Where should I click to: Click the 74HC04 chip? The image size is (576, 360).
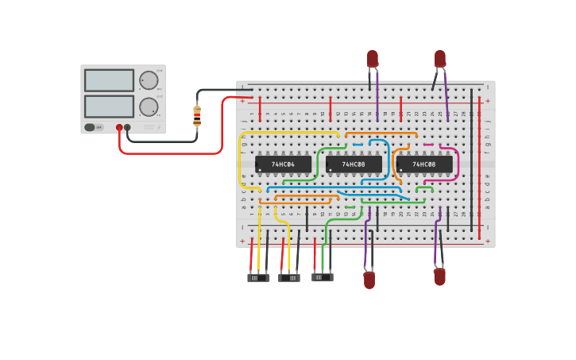tap(283, 165)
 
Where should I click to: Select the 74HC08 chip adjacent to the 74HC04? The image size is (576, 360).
tap(354, 165)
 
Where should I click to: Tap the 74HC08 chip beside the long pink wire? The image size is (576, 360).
tap(424, 165)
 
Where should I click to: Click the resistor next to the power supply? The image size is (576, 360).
tap(197, 115)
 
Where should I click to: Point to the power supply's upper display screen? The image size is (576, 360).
tap(109, 80)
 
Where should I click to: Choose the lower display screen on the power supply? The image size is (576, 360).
tap(109, 106)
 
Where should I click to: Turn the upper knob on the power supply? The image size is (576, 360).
tap(149, 80)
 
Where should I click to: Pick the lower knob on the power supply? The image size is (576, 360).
tap(149, 106)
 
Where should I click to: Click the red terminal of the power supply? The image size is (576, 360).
tap(119, 127)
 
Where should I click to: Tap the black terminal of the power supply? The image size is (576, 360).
tap(127, 127)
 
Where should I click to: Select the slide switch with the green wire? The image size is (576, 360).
tap(322, 277)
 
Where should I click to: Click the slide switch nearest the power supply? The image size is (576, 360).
tap(258, 278)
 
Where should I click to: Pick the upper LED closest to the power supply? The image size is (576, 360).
tap(373, 59)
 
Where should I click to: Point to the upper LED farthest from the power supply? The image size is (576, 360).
tap(440, 59)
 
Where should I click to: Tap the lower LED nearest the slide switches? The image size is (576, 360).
tap(369, 280)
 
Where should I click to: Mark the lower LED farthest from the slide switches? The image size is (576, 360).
tap(439, 277)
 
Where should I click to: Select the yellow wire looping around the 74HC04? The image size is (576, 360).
tap(241, 163)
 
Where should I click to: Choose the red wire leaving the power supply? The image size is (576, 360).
tap(171, 153)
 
